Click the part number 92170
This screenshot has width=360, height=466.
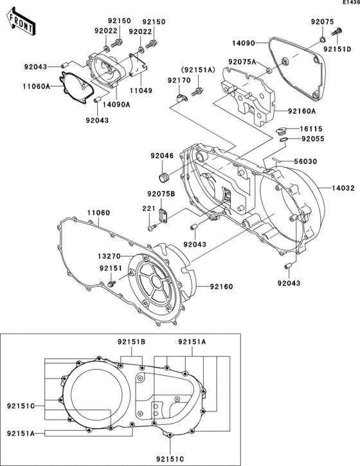point(179,80)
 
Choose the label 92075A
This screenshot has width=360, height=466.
point(242,62)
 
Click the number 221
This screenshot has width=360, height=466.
point(149,208)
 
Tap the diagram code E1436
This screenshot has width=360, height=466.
point(347,4)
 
